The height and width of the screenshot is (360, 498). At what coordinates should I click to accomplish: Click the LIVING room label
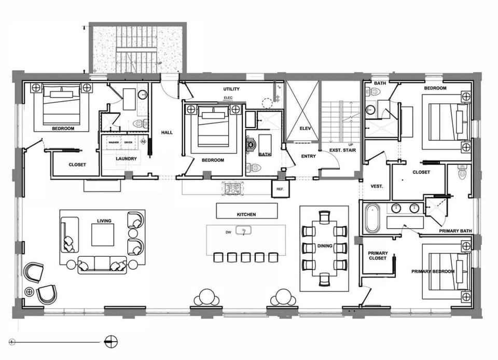pyautogui.click(x=104, y=220)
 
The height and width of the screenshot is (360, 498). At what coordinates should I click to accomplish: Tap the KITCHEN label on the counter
pyautogui.click(x=246, y=214)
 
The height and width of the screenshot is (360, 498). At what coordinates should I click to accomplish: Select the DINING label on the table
pyautogui.click(x=325, y=246)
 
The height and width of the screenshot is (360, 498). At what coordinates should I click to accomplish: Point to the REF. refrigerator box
pyautogui.click(x=280, y=189)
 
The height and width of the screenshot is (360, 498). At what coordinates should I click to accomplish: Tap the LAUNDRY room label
pyautogui.click(x=126, y=159)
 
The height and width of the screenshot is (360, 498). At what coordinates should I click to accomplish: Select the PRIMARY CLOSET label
pyautogui.click(x=378, y=256)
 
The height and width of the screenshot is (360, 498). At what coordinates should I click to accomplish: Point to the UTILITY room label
pyautogui.click(x=231, y=89)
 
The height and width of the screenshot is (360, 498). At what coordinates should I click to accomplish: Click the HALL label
pyautogui.click(x=167, y=132)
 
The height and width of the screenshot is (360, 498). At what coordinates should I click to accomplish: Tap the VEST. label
pyautogui.click(x=377, y=186)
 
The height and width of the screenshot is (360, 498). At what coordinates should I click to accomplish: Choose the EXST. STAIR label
pyautogui.click(x=342, y=150)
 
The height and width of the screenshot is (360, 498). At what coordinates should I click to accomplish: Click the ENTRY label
pyautogui.click(x=308, y=156)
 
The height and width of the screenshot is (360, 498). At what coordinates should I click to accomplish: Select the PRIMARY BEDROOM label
pyautogui.click(x=433, y=271)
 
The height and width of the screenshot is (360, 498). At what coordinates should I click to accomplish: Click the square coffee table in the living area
pyautogui.click(x=103, y=235)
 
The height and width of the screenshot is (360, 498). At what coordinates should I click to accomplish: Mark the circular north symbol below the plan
pyautogui.click(x=110, y=341)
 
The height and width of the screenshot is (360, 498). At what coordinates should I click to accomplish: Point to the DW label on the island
pyautogui.click(x=228, y=232)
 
